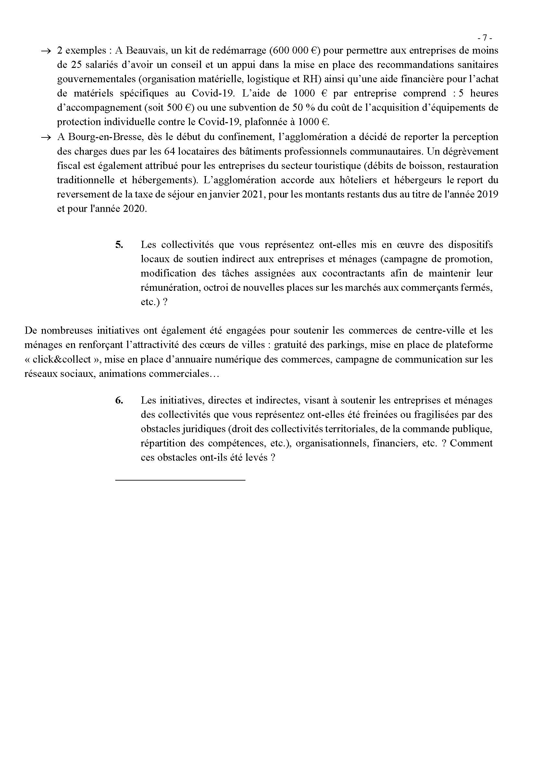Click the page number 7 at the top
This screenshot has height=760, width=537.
(x=485, y=38)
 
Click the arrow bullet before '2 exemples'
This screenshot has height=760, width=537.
(x=46, y=51)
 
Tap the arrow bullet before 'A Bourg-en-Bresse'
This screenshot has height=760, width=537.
(x=46, y=137)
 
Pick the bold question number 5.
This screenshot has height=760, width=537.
(x=119, y=245)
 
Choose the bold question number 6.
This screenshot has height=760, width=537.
(x=119, y=400)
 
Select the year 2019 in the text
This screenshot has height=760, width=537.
(x=487, y=194)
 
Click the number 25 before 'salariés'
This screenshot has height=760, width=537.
(x=78, y=65)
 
